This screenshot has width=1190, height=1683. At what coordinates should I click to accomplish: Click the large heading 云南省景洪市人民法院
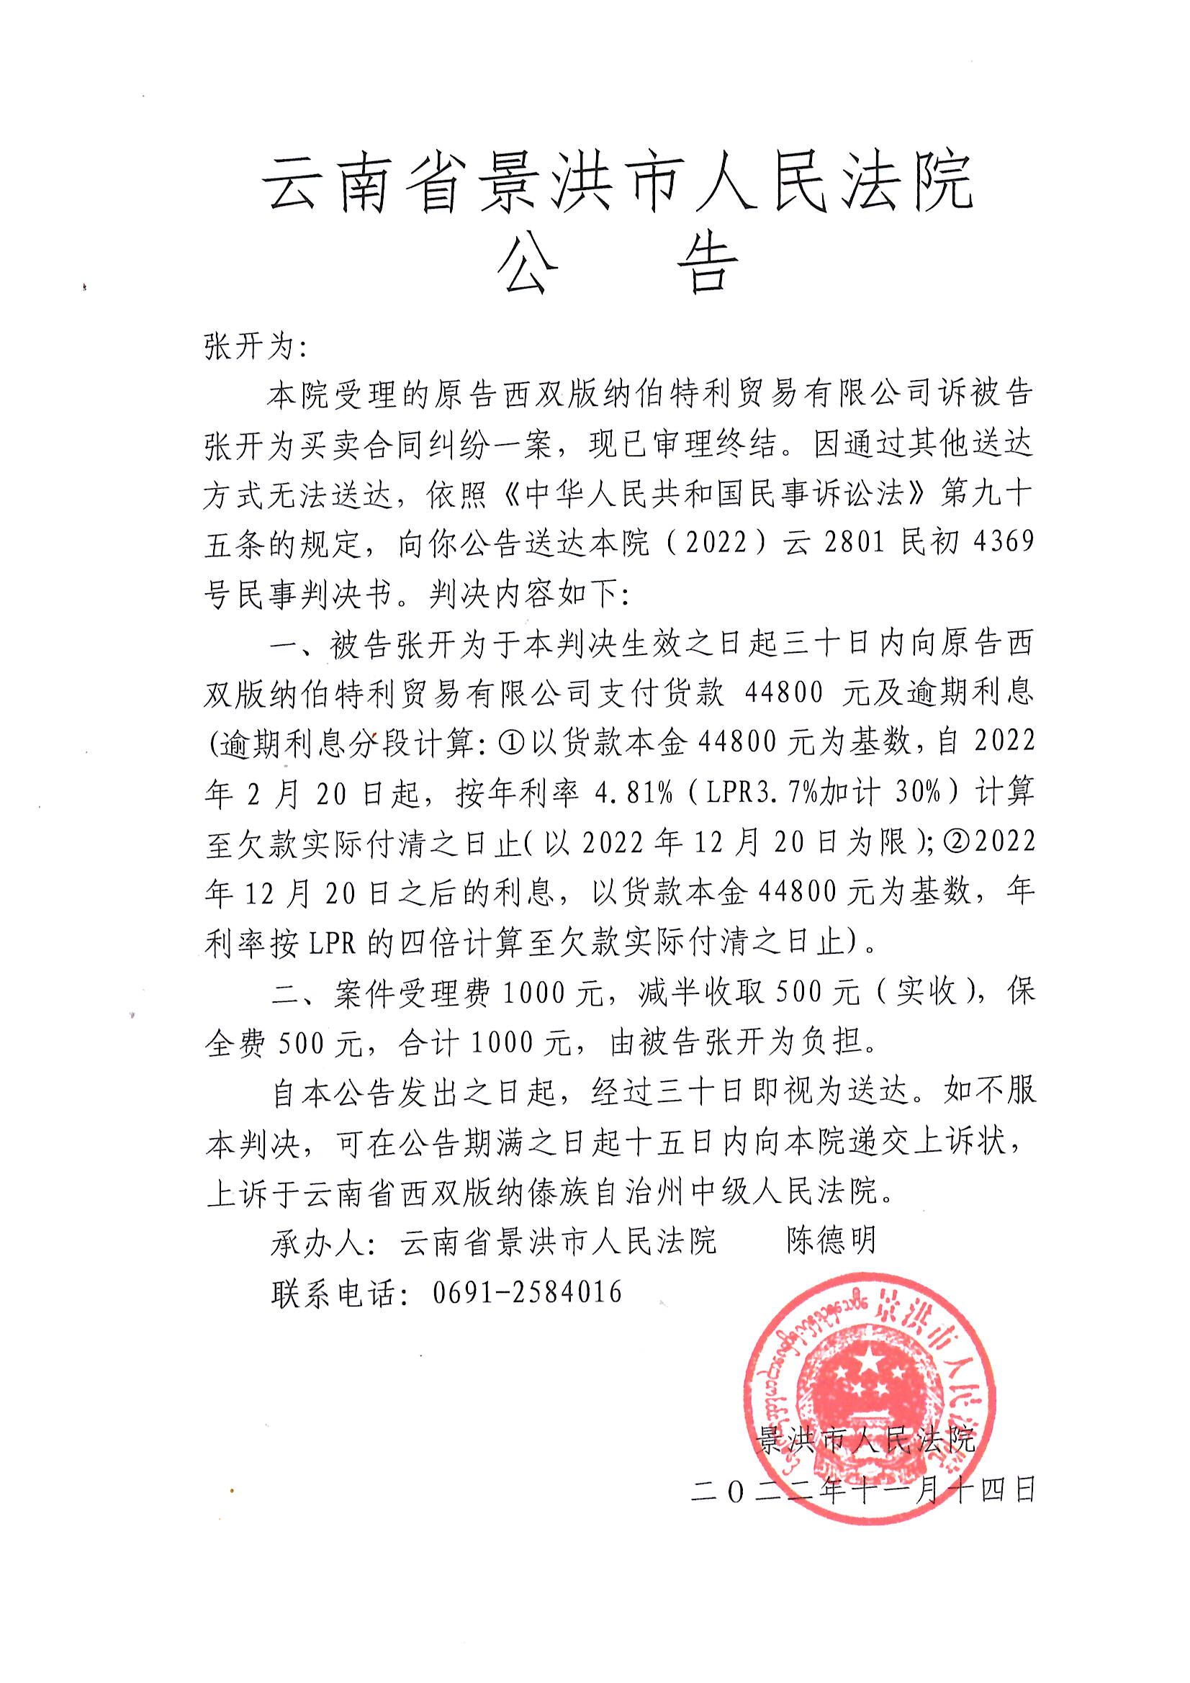618,183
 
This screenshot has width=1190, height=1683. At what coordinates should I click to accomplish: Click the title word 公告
618,266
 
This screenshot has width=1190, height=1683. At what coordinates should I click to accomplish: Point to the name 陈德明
831,1241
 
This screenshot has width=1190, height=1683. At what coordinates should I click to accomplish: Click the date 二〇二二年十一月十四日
863,1491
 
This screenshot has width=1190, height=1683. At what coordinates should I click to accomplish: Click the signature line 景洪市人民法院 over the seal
865,1440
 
